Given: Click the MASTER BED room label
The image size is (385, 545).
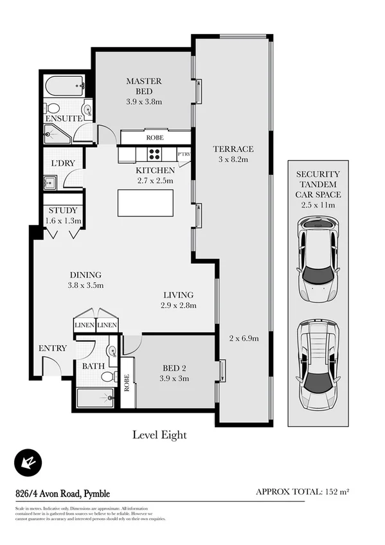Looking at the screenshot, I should click(x=143, y=82).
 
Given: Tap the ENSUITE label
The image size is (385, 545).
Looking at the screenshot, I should click(x=62, y=119).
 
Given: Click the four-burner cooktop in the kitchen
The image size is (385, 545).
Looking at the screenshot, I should click(x=155, y=154).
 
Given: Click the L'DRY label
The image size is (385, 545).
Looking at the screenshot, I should click(x=64, y=163).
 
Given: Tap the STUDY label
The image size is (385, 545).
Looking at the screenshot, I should click(x=62, y=210).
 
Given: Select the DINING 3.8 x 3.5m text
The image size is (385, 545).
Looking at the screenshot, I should click(x=85, y=280).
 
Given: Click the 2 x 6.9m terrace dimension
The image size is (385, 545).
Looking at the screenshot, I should click(x=244, y=338).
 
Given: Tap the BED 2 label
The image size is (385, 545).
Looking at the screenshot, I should click(x=175, y=368).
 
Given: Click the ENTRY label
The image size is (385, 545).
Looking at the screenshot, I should click(x=52, y=348).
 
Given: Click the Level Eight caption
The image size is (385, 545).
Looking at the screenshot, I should click(x=159, y=435).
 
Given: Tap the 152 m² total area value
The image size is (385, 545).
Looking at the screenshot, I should click(x=336, y=492).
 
